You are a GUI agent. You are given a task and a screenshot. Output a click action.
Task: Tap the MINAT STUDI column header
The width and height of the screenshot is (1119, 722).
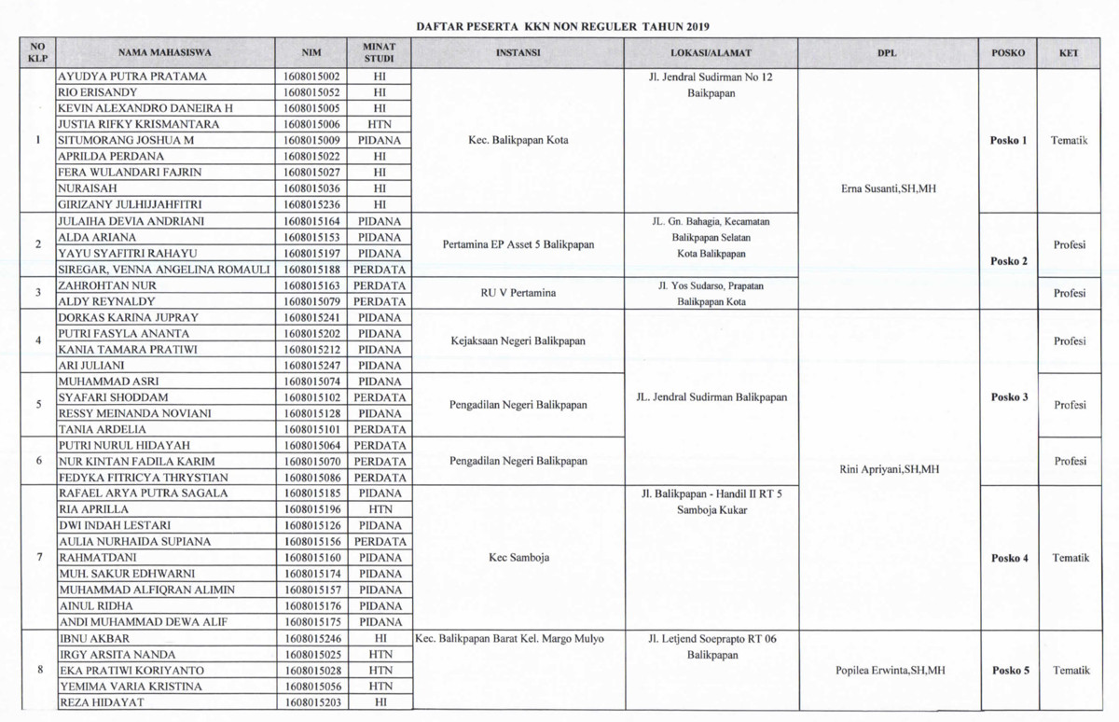coord(380,53)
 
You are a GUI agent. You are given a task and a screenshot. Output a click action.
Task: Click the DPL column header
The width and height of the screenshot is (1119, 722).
coord(887,53)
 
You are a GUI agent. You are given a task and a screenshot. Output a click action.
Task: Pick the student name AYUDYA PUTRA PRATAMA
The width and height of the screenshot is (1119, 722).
coord(132,76)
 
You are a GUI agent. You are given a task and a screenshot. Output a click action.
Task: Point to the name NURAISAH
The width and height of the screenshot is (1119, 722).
coord(85,188)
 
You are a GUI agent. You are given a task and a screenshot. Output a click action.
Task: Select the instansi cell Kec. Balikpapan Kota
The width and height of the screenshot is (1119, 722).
coord(518,141)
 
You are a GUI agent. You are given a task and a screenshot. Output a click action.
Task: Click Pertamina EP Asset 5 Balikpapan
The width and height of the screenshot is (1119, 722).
coord(518,245)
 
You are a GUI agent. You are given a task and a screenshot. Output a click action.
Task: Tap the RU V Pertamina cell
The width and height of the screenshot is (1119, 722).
coord(518,293)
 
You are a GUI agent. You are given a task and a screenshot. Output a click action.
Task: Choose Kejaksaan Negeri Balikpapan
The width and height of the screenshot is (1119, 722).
coord(518,341)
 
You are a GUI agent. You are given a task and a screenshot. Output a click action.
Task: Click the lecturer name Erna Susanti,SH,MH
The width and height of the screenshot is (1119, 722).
coord(887,188)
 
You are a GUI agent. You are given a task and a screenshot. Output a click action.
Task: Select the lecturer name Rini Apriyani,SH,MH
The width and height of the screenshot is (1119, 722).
coord(887,469)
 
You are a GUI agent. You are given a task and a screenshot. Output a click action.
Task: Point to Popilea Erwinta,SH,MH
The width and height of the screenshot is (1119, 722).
coord(887,671)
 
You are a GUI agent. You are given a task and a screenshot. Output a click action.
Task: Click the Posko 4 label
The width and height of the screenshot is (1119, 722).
coord(1010,558)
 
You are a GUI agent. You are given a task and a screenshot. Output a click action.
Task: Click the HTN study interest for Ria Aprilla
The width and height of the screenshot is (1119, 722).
coord(380,509)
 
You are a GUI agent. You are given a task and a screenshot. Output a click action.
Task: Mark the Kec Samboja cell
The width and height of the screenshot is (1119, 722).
coord(518,558)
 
